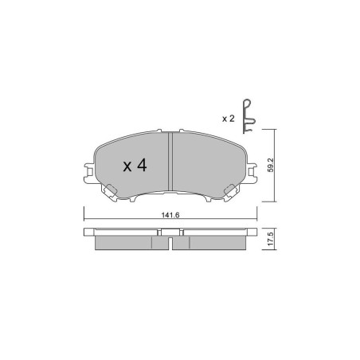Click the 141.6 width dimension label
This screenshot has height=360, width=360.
click(170, 215)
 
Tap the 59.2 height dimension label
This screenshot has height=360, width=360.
click(271, 166)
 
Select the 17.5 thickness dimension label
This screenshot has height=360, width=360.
click(271, 239)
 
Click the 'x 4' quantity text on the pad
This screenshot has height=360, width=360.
click(135, 166)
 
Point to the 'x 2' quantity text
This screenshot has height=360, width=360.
click(229, 119)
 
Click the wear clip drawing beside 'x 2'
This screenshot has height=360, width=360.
click(248, 116)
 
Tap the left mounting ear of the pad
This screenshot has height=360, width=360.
click(89, 173)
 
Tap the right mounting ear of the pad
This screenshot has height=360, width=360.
click(252, 173)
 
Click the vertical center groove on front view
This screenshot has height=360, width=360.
click(170, 162)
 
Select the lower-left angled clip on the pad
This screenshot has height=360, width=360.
click(110, 192)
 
